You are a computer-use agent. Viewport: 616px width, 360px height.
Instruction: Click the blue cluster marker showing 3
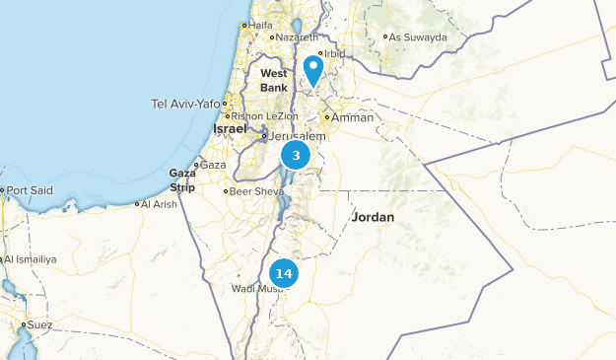(x=296, y=155)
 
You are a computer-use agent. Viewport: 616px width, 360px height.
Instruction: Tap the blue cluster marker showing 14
(x=284, y=273)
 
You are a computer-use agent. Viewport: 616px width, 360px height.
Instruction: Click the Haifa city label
(x=260, y=25)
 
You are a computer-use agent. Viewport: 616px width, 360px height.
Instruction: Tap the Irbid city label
(x=334, y=53)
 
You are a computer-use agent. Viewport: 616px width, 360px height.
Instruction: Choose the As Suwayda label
(x=417, y=37)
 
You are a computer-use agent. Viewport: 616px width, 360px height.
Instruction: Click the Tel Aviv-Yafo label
(x=186, y=103)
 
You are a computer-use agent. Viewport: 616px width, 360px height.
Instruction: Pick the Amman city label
(x=353, y=117)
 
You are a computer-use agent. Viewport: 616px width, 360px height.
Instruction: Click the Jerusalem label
(x=297, y=136)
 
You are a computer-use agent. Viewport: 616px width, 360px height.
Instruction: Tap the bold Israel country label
(x=231, y=129)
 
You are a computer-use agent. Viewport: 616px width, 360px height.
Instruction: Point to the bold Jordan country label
(x=373, y=217)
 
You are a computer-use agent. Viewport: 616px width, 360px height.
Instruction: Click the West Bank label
(x=274, y=80)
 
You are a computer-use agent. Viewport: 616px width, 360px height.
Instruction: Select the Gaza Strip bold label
(x=182, y=180)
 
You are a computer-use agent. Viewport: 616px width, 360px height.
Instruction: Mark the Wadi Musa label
(x=255, y=288)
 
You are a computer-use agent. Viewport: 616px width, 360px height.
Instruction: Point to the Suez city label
(x=39, y=324)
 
